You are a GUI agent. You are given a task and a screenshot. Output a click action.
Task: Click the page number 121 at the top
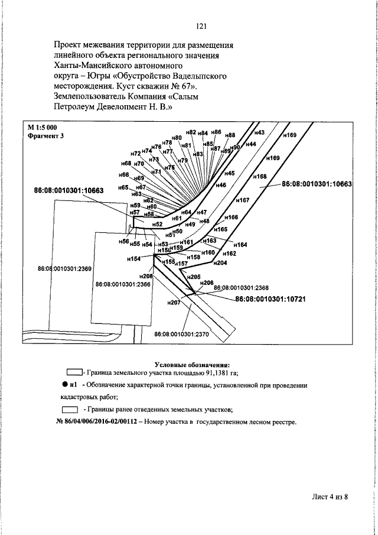click(x=201, y=25)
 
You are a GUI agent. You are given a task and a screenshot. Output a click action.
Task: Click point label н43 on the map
click(x=259, y=132)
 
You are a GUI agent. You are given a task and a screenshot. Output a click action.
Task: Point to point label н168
click(x=259, y=176)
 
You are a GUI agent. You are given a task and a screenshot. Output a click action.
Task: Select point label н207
click(x=173, y=303)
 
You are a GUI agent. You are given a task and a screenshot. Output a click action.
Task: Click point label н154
click(x=133, y=259)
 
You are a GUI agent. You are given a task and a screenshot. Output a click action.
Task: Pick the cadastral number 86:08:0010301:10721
click(x=270, y=300)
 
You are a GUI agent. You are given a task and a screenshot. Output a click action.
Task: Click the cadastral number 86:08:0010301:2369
click(x=64, y=269)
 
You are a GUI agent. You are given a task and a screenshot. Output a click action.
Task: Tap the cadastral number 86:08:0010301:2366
click(x=122, y=284)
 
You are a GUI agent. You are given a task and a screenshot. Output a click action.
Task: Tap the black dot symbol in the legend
click(x=65, y=385)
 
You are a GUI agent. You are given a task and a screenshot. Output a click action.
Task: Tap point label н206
click(x=206, y=283)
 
